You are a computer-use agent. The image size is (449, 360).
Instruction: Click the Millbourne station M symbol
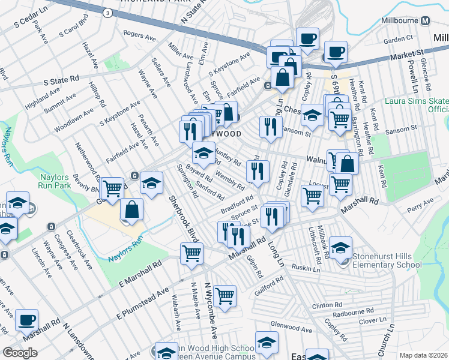(x=426, y=20)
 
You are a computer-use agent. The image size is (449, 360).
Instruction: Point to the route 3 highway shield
(x=107, y=13)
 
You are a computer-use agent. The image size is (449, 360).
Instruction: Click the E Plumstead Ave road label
(x=143, y=302)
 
